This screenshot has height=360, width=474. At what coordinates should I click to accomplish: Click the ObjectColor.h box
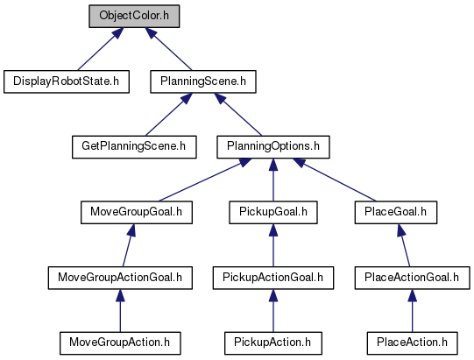(134, 16)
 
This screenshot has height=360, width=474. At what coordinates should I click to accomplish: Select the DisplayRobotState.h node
(67, 81)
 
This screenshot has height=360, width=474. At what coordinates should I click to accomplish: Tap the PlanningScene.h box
(203, 81)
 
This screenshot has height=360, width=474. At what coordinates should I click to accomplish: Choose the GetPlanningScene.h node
(134, 147)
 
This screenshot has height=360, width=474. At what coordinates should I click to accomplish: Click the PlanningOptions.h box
(273, 147)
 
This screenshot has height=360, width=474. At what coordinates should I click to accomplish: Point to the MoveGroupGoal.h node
(137, 213)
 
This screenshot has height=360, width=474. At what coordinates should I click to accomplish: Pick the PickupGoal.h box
(273, 213)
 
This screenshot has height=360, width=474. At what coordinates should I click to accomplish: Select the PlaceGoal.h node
(396, 213)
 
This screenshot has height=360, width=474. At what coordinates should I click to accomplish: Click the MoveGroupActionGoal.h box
(120, 278)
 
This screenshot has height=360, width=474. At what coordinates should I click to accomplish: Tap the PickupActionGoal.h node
(273, 278)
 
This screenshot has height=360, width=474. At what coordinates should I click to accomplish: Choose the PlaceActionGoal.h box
(413, 278)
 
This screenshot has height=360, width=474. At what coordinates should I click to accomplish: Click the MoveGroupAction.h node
(120, 343)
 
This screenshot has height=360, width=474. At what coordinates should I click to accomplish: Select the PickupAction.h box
(273, 343)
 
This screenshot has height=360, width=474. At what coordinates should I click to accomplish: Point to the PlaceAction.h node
(413, 343)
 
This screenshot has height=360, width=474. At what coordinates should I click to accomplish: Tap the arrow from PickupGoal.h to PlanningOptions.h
(273, 180)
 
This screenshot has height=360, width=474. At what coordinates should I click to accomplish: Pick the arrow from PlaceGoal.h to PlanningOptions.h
(335, 180)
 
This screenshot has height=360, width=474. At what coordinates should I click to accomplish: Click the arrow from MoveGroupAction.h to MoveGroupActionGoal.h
(120, 310)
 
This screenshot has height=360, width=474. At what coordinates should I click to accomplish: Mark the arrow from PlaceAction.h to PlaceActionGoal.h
(413, 310)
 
